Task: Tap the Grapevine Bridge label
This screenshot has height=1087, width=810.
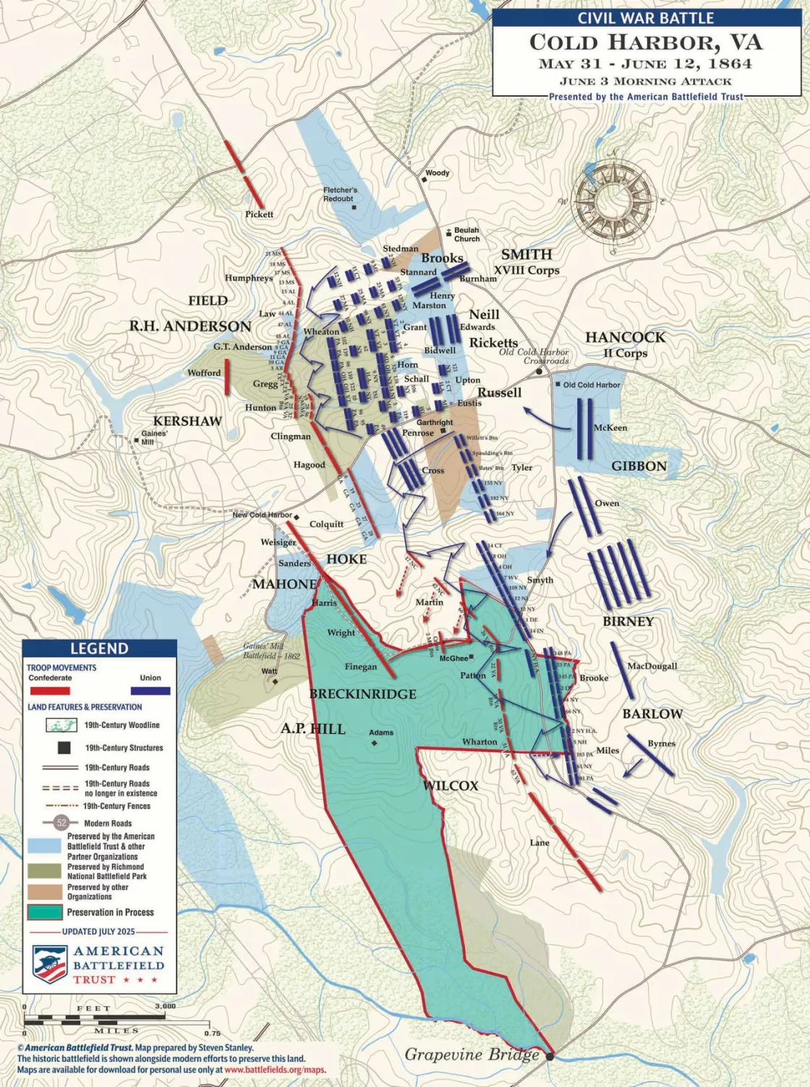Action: pos(472,1054)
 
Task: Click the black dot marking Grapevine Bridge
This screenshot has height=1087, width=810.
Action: pos(550,1057)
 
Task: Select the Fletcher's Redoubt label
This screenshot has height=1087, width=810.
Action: pos(339,194)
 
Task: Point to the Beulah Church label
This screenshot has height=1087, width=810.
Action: pos(466,234)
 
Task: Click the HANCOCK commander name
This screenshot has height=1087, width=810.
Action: pos(625,337)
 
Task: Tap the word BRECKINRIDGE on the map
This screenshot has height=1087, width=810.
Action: pos(363,694)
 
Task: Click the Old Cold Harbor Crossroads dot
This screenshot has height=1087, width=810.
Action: pos(539,372)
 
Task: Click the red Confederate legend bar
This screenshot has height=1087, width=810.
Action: pos(49,691)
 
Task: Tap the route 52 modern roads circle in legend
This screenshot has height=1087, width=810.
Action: pos(61,823)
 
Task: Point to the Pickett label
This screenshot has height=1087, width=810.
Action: pos(259,214)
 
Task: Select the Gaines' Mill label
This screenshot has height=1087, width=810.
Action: pos(154,438)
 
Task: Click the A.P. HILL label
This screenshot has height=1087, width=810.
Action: pos(313,729)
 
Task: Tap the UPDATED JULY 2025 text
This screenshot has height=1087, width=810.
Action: pos(98,931)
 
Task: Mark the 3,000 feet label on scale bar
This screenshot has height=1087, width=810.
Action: pos(165,1006)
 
